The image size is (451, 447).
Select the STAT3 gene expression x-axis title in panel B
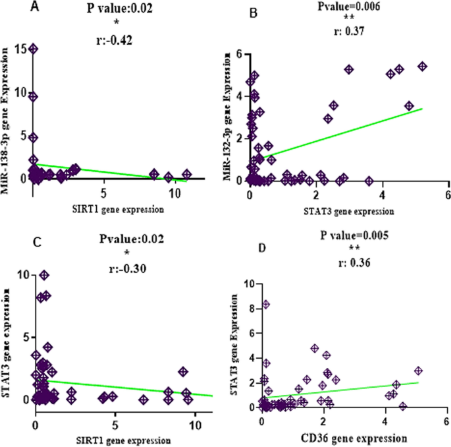click(x=348, y=212)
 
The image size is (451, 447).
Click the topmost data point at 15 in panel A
click(x=33, y=49)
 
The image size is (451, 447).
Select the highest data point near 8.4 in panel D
click(x=266, y=305)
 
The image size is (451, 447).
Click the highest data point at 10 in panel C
click(x=44, y=275)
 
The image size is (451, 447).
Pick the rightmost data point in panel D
click(x=417, y=371)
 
